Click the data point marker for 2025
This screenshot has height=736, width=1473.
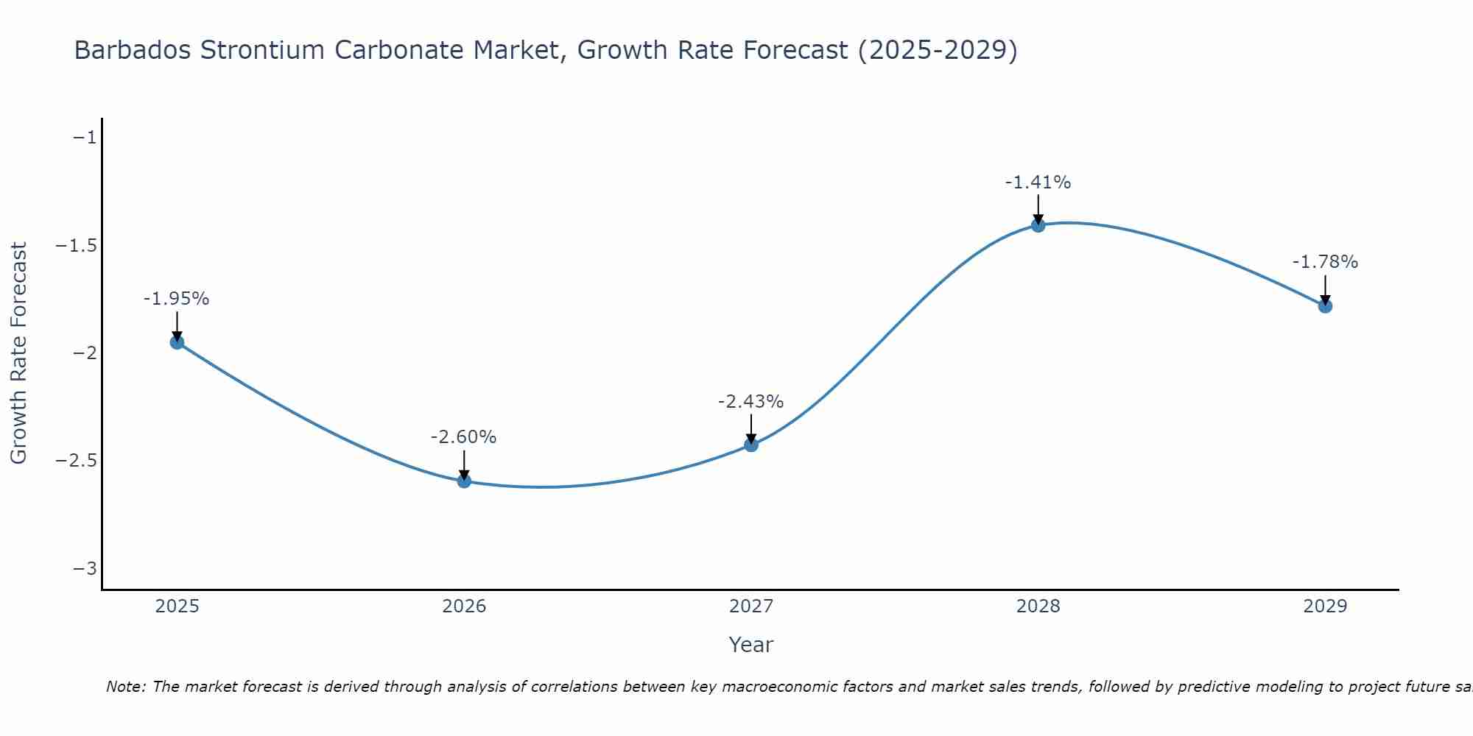[177, 342]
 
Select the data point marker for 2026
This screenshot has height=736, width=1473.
[464, 481]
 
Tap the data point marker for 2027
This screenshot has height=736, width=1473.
[751, 445]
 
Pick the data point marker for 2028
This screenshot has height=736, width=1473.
[1038, 225]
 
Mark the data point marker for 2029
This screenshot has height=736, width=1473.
[1325, 305]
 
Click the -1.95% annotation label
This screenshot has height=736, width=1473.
[176, 299]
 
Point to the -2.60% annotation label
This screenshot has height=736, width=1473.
[463, 437]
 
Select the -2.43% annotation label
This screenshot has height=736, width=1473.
[750, 402]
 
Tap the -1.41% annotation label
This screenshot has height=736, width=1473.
[1038, 183]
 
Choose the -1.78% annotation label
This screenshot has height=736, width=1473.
[1325, 262]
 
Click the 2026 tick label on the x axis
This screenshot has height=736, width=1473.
[464, 606]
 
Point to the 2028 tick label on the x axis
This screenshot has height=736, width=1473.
[1038, 606]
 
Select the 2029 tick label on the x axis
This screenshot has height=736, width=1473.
[1325, 606]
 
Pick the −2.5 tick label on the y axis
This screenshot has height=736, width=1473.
[76, 461]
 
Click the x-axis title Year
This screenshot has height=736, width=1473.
[750, 645]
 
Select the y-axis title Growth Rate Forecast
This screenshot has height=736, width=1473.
[18, 353]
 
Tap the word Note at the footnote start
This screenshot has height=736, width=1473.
[125, 687]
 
